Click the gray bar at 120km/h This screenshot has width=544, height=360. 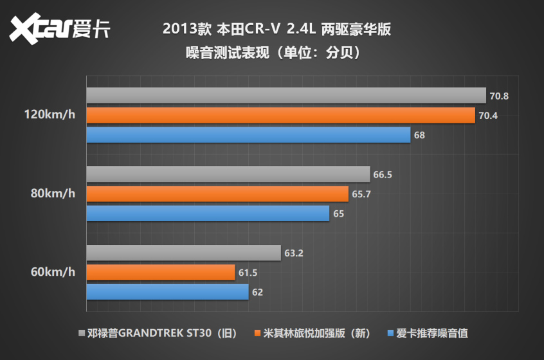286,96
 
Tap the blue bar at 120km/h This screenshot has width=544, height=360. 248,135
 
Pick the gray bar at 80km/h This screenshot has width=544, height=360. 228,174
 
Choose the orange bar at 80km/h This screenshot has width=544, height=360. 217,194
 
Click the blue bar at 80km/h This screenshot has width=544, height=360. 208,213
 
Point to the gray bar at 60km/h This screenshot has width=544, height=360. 184,253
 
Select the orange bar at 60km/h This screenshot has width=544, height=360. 161,273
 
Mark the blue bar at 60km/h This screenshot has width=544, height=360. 167,292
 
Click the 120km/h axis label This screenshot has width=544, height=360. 49,116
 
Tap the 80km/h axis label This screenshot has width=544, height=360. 53,194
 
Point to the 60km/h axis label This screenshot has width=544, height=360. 53,272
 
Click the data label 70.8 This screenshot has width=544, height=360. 499,96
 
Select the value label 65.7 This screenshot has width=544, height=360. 361,194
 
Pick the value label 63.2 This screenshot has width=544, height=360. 293,253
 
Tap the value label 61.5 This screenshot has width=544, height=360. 248,273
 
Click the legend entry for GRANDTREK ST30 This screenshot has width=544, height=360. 158,333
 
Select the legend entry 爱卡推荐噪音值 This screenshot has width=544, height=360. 427,333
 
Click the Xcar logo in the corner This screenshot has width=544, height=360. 60,29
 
